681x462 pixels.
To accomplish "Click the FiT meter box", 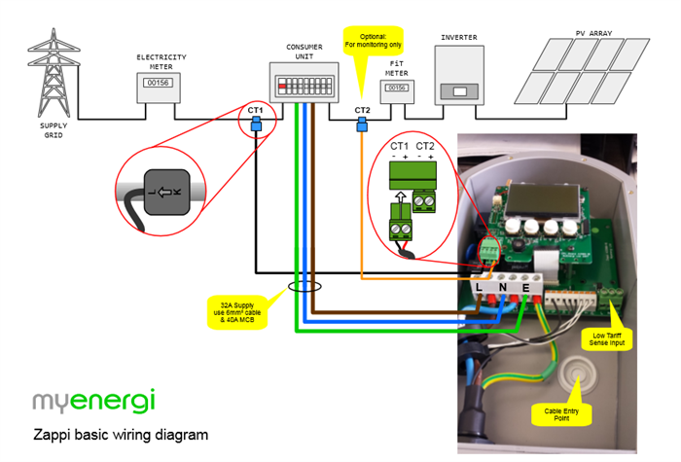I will [x=397, y=90].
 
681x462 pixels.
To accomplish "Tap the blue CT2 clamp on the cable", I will [x=363, y=124].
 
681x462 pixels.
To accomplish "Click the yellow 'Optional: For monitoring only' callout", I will [x=372, y=42].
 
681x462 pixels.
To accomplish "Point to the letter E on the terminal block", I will [x=525, y=287].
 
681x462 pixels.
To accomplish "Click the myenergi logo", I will [x=93, y=401].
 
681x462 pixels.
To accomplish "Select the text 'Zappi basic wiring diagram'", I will [x=121, y=434].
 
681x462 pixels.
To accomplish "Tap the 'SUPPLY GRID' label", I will [x=54, y=128].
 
